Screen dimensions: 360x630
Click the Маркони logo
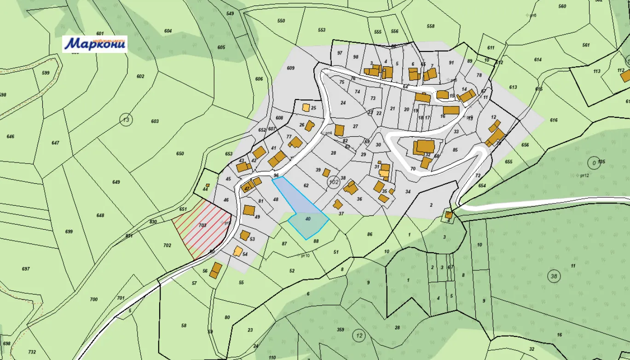[95, 44]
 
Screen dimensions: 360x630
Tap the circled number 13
[126, 120]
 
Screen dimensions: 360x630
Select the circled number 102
[334, 182]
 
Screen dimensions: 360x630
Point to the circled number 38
[554, 276]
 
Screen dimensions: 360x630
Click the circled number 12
[359, 336]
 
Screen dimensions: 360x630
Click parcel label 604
[168, 31]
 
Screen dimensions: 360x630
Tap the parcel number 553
[322, 30]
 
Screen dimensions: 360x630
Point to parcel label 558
[431, 26]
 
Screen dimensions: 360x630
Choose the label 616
[554, 120]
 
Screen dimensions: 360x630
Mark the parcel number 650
[180, 153]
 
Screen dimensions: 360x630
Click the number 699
[69, 232]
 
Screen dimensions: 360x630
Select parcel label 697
[26, 269]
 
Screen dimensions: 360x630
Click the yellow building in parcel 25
[306, 108]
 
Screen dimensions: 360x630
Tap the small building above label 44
[208, 186]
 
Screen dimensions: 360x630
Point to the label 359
[341, 330]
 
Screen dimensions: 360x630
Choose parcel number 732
[32, 352]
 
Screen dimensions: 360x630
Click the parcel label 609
[290, 68]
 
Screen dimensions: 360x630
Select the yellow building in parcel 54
[238, 251]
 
